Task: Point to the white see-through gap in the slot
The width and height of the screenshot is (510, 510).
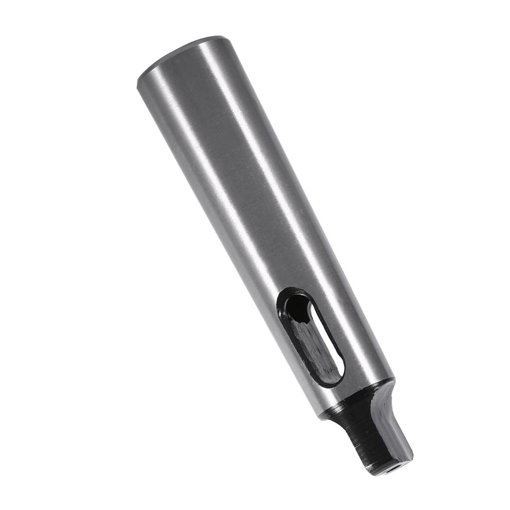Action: click(x=326, y=344)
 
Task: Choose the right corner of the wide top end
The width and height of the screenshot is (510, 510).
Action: click(x=222, y=38)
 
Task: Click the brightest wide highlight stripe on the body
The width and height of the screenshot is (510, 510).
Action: click(x=269, y=164)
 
